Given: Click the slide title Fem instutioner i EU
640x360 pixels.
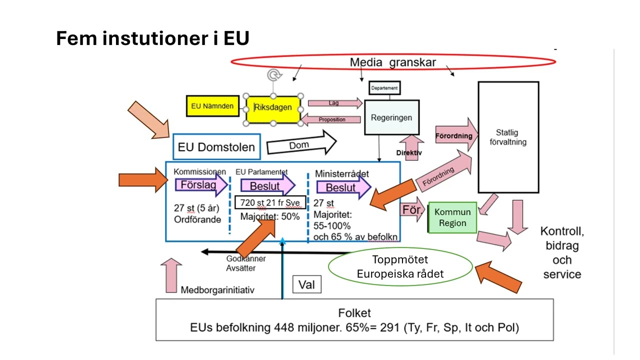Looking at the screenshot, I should [152, 38].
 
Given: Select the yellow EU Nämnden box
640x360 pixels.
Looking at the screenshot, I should [212, 106].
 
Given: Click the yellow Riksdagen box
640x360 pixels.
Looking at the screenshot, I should [273, 107].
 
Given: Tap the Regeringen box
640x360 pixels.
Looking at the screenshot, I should [391, 117].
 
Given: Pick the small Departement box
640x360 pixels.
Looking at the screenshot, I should [384, 88].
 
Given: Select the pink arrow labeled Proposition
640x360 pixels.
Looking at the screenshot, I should [331, 119].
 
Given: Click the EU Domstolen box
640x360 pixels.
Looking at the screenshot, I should [216, 147].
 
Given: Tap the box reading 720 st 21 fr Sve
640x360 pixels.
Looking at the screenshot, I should [270, 202].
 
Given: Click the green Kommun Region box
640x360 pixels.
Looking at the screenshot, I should [452, 217].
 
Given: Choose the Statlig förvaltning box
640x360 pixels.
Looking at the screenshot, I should [508, 137].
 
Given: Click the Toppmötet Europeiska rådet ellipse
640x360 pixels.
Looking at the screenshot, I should [400, 267].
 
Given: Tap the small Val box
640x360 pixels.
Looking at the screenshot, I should [306, 284].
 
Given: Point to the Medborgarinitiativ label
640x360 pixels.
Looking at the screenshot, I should [217, 290].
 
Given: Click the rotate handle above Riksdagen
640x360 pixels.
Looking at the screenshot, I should [273, 75].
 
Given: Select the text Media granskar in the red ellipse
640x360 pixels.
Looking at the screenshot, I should [393, 62].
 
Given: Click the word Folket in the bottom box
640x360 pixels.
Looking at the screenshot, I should [354, 313].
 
